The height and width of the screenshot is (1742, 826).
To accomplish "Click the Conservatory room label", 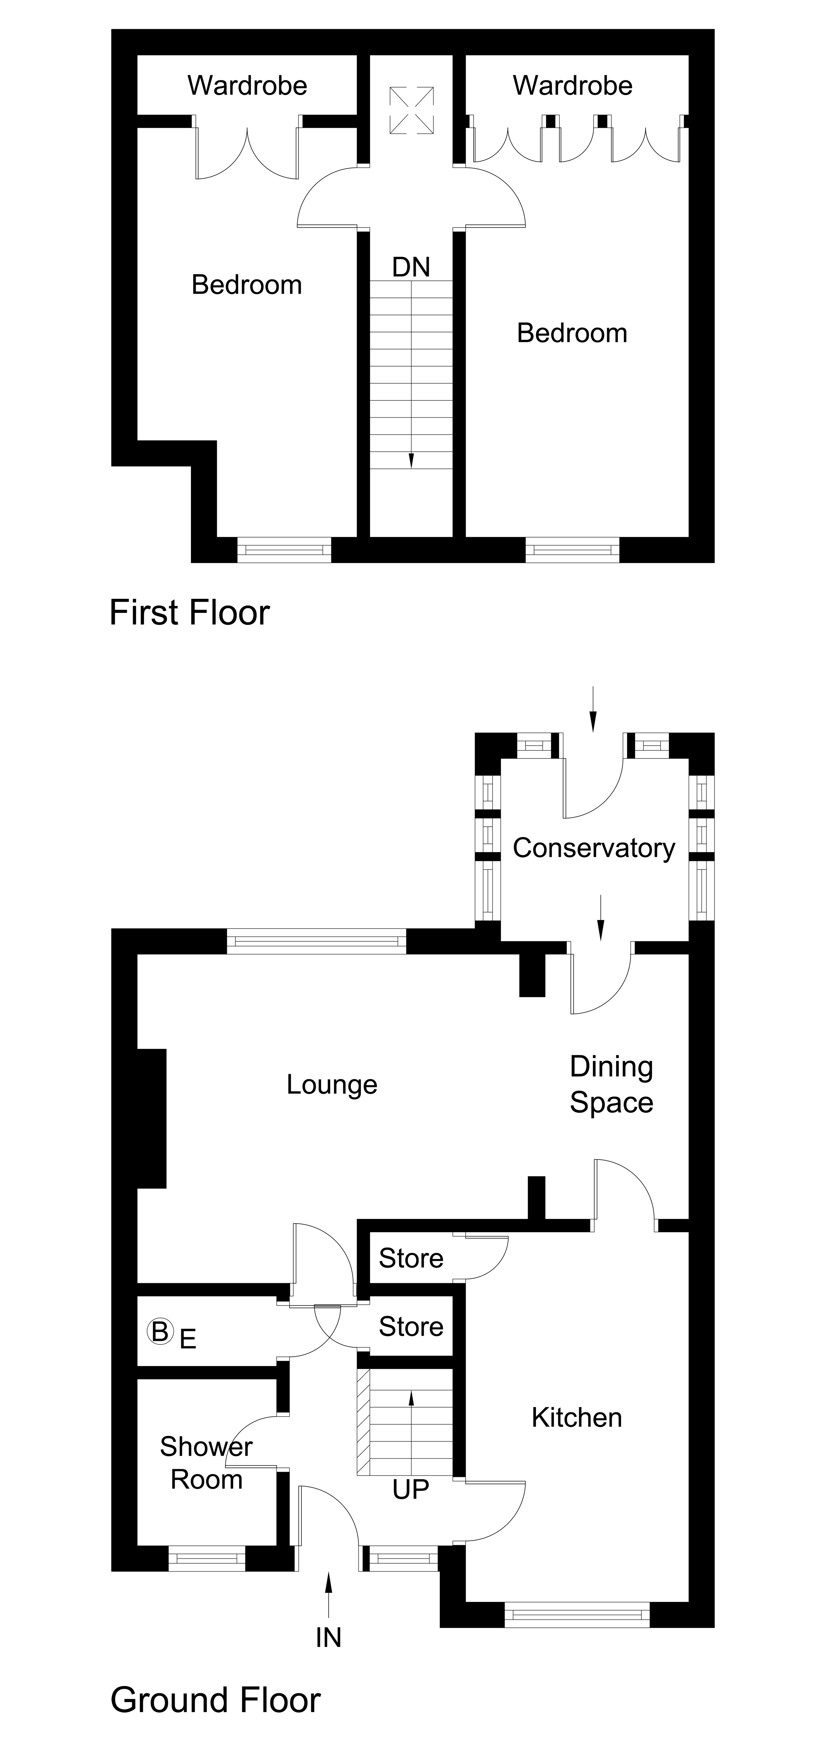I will [593, 848].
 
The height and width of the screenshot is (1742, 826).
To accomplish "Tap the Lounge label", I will [331, 1085].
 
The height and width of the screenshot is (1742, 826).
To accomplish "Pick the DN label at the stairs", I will [411, 268].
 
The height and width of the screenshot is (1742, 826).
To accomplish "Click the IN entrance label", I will [328, 1638].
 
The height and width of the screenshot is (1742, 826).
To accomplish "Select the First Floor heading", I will [189, 613].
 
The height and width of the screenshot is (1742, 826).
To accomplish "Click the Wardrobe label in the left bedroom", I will [247, 86].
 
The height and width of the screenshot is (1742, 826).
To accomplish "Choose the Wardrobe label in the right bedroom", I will [572, 86].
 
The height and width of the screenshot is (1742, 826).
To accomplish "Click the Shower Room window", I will [206, 1559].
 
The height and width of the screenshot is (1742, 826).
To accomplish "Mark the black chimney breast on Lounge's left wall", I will [152, 1118].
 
